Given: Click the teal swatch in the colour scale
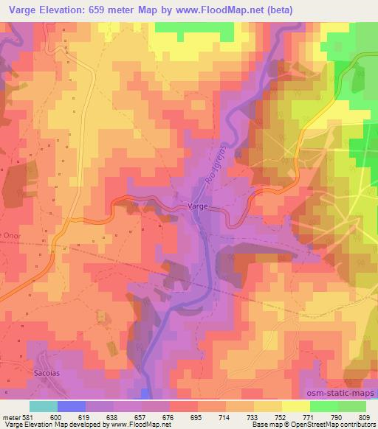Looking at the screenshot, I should pos(43,406).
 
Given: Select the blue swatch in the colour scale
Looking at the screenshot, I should pos(71,406).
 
